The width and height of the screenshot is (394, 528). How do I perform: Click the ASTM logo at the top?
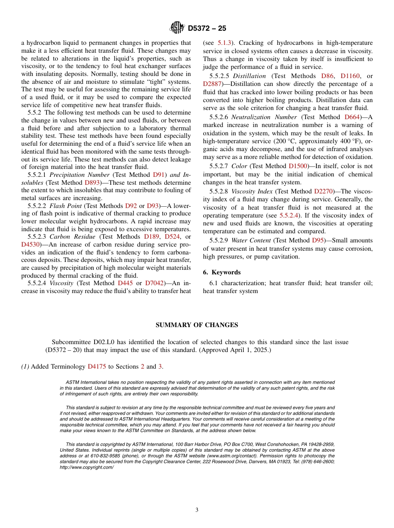[178, 28]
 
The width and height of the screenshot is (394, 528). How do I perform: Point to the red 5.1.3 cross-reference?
[225, 43]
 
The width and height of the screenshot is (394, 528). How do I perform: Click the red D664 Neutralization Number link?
[352, 117]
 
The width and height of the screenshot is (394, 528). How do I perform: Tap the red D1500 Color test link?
[299, 166]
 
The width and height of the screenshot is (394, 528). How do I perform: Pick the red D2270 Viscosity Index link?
[324, 191]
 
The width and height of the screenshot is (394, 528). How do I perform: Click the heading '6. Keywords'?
[221, 272]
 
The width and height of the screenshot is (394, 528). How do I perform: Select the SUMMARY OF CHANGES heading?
[197, 325]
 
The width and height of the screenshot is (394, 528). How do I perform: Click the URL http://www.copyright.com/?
[87, 467]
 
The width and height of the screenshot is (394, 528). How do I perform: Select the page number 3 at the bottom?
[197, 510]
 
